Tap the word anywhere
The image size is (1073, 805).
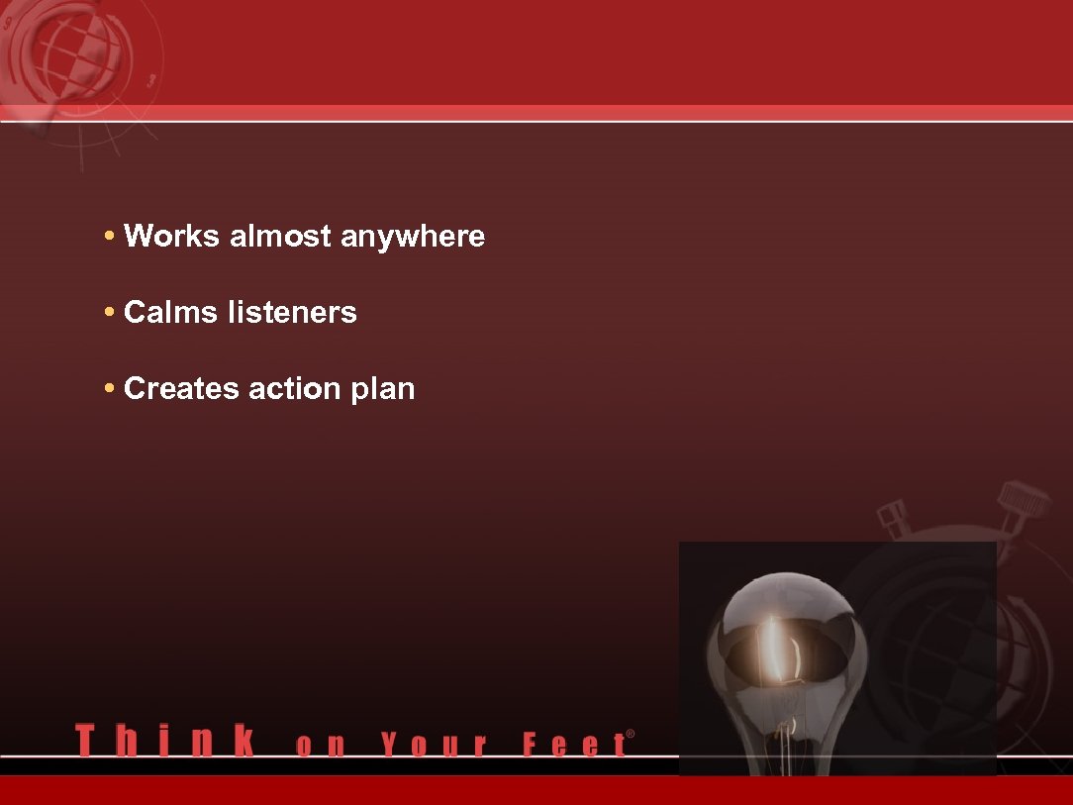(413, 238)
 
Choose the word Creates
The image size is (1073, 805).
(182, 388)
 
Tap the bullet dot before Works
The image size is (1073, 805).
(109, 238)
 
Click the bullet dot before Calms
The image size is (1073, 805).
(109, 314)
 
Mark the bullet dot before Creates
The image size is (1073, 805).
(109, 389)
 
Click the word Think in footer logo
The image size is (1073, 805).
(164, 742)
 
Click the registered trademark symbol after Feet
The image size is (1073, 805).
(631, 735)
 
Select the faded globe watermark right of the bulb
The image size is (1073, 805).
(950, 644)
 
